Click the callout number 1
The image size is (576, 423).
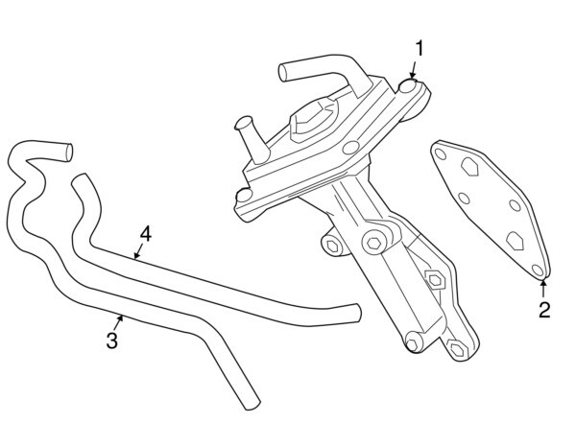pos(419,47)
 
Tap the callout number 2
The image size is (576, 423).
pos(543,309)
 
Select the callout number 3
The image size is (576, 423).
pos(112,341)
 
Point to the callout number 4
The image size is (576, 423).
pos(146,234)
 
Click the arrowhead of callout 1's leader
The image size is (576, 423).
pos(411,78)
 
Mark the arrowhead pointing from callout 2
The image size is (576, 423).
pos(543,281)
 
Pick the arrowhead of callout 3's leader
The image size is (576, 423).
pos(121,316)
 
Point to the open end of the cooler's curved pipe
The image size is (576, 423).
pos(283,70)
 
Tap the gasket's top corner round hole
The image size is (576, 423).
pos(439,151)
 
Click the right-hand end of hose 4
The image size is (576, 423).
pos(358,311)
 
